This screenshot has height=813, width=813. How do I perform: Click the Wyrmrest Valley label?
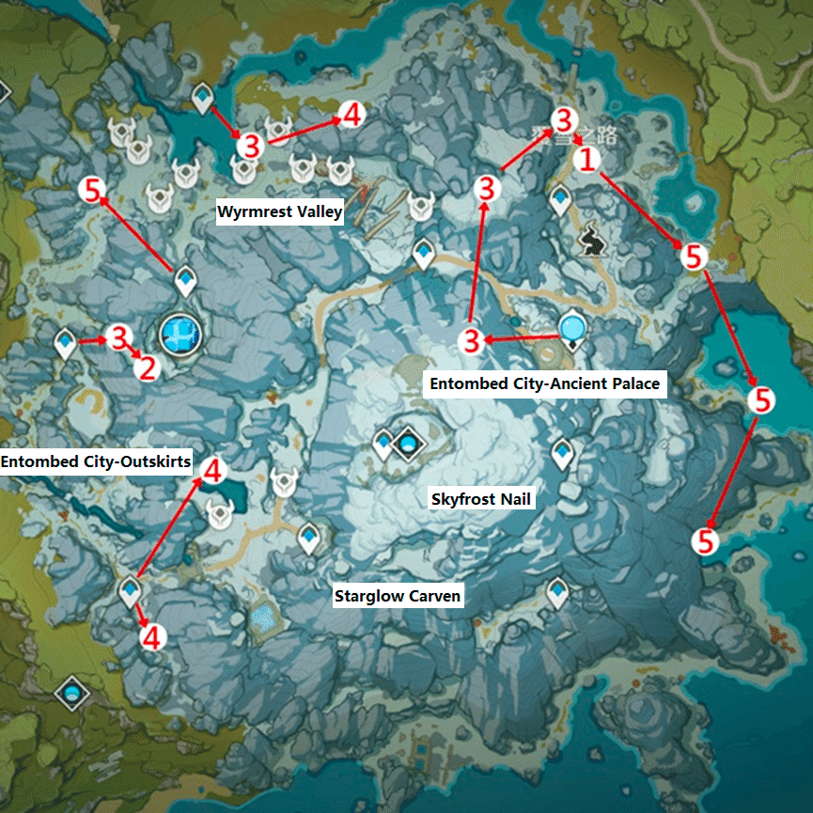click(280, 212)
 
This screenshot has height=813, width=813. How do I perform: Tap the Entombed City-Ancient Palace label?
click(545, 383)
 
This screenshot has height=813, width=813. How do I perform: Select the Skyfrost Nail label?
click(482, 499)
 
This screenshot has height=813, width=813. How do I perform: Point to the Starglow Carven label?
click(399, 596)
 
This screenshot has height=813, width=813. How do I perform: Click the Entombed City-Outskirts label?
click(96, 461)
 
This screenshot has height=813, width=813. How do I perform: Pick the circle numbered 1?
click(587, 160)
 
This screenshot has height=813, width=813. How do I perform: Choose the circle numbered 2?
click(146, 367)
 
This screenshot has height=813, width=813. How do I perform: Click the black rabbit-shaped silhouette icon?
click(591, 240)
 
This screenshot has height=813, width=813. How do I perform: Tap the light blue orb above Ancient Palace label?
click(572, 327)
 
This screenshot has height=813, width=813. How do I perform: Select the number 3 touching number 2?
click(119, 337)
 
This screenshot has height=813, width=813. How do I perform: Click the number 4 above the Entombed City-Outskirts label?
click(213, 470)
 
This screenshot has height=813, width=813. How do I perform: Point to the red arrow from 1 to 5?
click(639, 208)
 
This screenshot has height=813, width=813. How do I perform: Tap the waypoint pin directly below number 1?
click(561, 198)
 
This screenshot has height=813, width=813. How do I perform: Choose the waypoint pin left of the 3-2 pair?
click(66, 343)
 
